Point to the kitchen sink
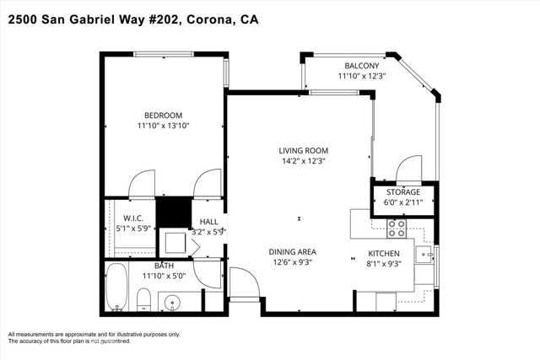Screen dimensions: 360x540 tap(424, 254)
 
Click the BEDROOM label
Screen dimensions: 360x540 tap(163, 115)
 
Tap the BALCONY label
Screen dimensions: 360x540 tap(361, 66)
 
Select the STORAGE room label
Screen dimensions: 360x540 tap(403, 192)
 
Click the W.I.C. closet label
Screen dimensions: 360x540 tap(133, 218)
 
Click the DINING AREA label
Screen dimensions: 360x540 tap(292, 251)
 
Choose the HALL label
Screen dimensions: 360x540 tap(208, 221)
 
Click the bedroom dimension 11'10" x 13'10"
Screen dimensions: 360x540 tap(163, 126)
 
